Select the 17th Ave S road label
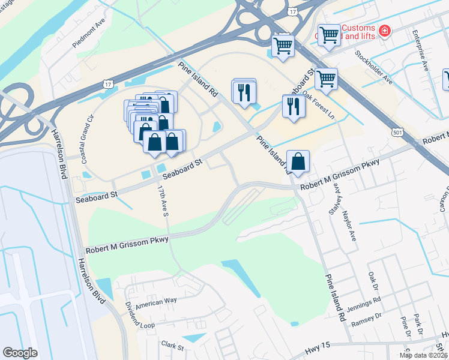click(161, 200)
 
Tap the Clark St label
click(173, 345)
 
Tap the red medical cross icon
click(384, 29)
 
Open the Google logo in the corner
click(20, 353)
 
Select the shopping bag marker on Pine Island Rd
click(298, 161)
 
